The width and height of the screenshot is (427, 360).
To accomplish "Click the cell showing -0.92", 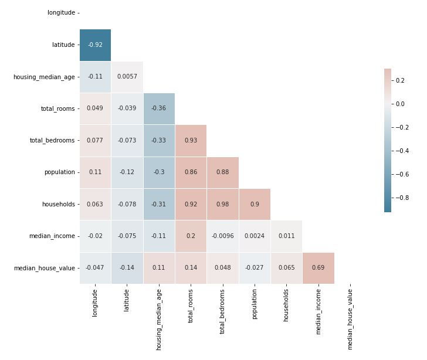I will tap(95, 45).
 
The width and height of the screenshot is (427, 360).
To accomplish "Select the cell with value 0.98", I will tap(222, 204).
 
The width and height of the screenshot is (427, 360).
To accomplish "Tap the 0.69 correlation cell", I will tap(318, 268).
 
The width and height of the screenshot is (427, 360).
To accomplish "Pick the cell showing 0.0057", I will tap(127, 77).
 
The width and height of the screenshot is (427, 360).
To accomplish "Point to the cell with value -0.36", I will tap(158, 108).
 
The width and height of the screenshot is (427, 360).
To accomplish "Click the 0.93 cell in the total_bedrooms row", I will tap(191, 141).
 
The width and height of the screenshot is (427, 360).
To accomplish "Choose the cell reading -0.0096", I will tap(222, 236).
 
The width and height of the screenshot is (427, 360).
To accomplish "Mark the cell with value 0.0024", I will tap(254, 236).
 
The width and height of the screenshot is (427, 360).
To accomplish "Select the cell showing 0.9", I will tap(254, 204).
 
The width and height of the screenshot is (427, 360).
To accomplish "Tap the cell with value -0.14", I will tap(127, 268).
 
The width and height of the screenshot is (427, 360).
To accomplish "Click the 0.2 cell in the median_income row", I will tap(191, 236).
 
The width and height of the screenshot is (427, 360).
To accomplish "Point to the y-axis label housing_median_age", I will tap(44, 77).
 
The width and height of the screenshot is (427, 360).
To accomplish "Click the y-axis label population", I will tap(59, 172).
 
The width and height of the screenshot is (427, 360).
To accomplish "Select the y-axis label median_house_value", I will tap(44, 268).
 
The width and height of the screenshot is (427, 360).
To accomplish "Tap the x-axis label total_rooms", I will tap(191, 304).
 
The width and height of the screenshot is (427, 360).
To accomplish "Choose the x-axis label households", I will tap(286, 304).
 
